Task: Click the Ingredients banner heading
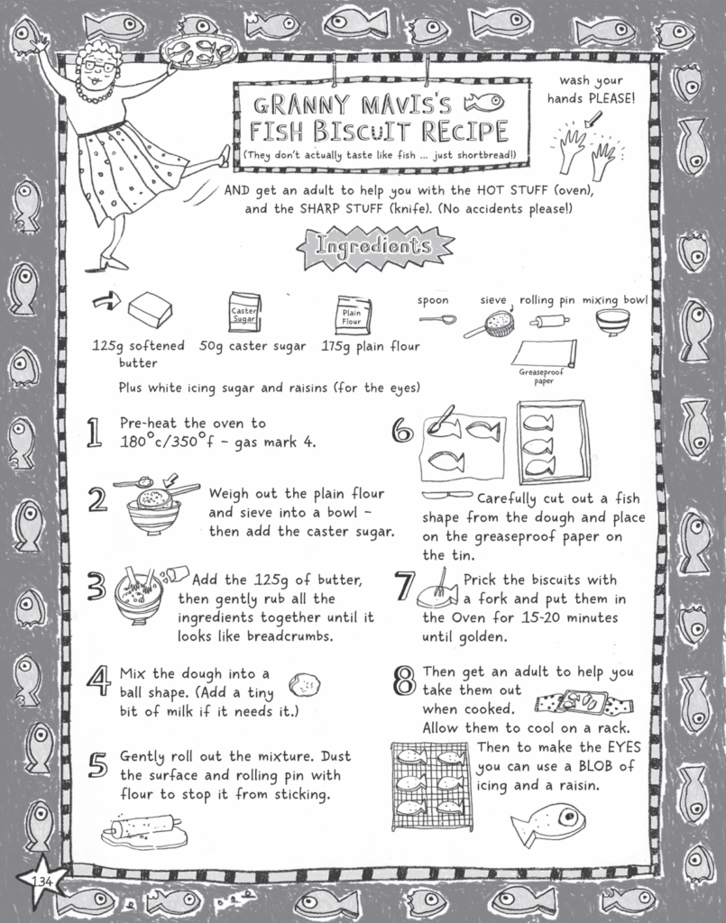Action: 372,244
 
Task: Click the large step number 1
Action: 93,434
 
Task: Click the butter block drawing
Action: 149,312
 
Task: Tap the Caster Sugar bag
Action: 244,311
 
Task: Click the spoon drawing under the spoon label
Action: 437,319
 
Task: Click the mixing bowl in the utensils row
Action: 613,321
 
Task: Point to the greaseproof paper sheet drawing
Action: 545,353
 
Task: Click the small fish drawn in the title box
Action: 483,102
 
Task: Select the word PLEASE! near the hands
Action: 605,98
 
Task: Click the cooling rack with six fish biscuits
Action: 430,784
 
